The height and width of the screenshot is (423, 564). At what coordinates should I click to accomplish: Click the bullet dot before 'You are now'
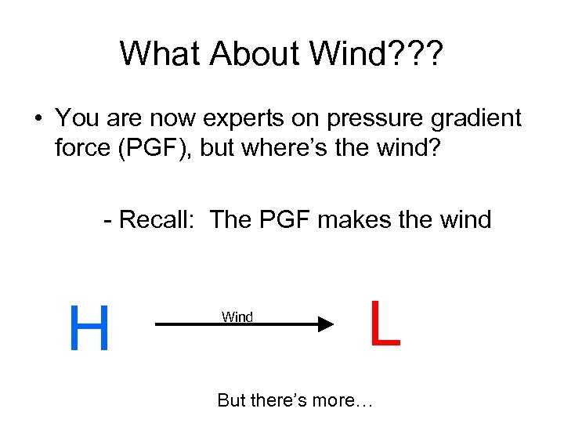(x=37, y=119)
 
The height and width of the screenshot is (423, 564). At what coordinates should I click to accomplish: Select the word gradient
(x=477, y=119)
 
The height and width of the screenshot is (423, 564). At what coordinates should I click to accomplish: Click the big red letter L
(x=385, y=324)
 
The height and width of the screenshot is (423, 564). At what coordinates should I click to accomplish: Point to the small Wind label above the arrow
(x=237, y=316)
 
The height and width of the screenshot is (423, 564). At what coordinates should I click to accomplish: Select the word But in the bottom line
(x=232, y=400)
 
